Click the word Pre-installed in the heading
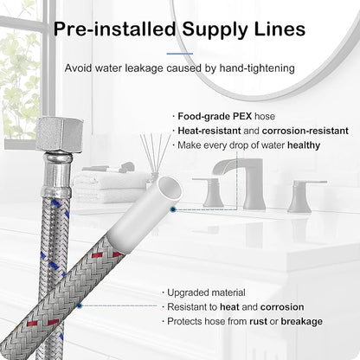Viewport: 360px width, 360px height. point(114,29)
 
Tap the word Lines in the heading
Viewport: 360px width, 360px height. point(280,29)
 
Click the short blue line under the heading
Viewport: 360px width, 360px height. point(180,54)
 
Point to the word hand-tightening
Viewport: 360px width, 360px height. point(257,68)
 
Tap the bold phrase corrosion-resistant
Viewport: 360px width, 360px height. point(305,131)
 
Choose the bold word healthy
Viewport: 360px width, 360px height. point(304,145)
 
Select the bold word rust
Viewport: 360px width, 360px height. point(258,321)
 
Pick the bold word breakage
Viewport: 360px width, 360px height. point(302,322)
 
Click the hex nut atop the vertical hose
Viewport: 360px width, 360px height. point(59,133)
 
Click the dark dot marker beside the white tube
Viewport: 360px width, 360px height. point(173,209)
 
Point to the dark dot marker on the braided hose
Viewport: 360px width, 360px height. point(80,305)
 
